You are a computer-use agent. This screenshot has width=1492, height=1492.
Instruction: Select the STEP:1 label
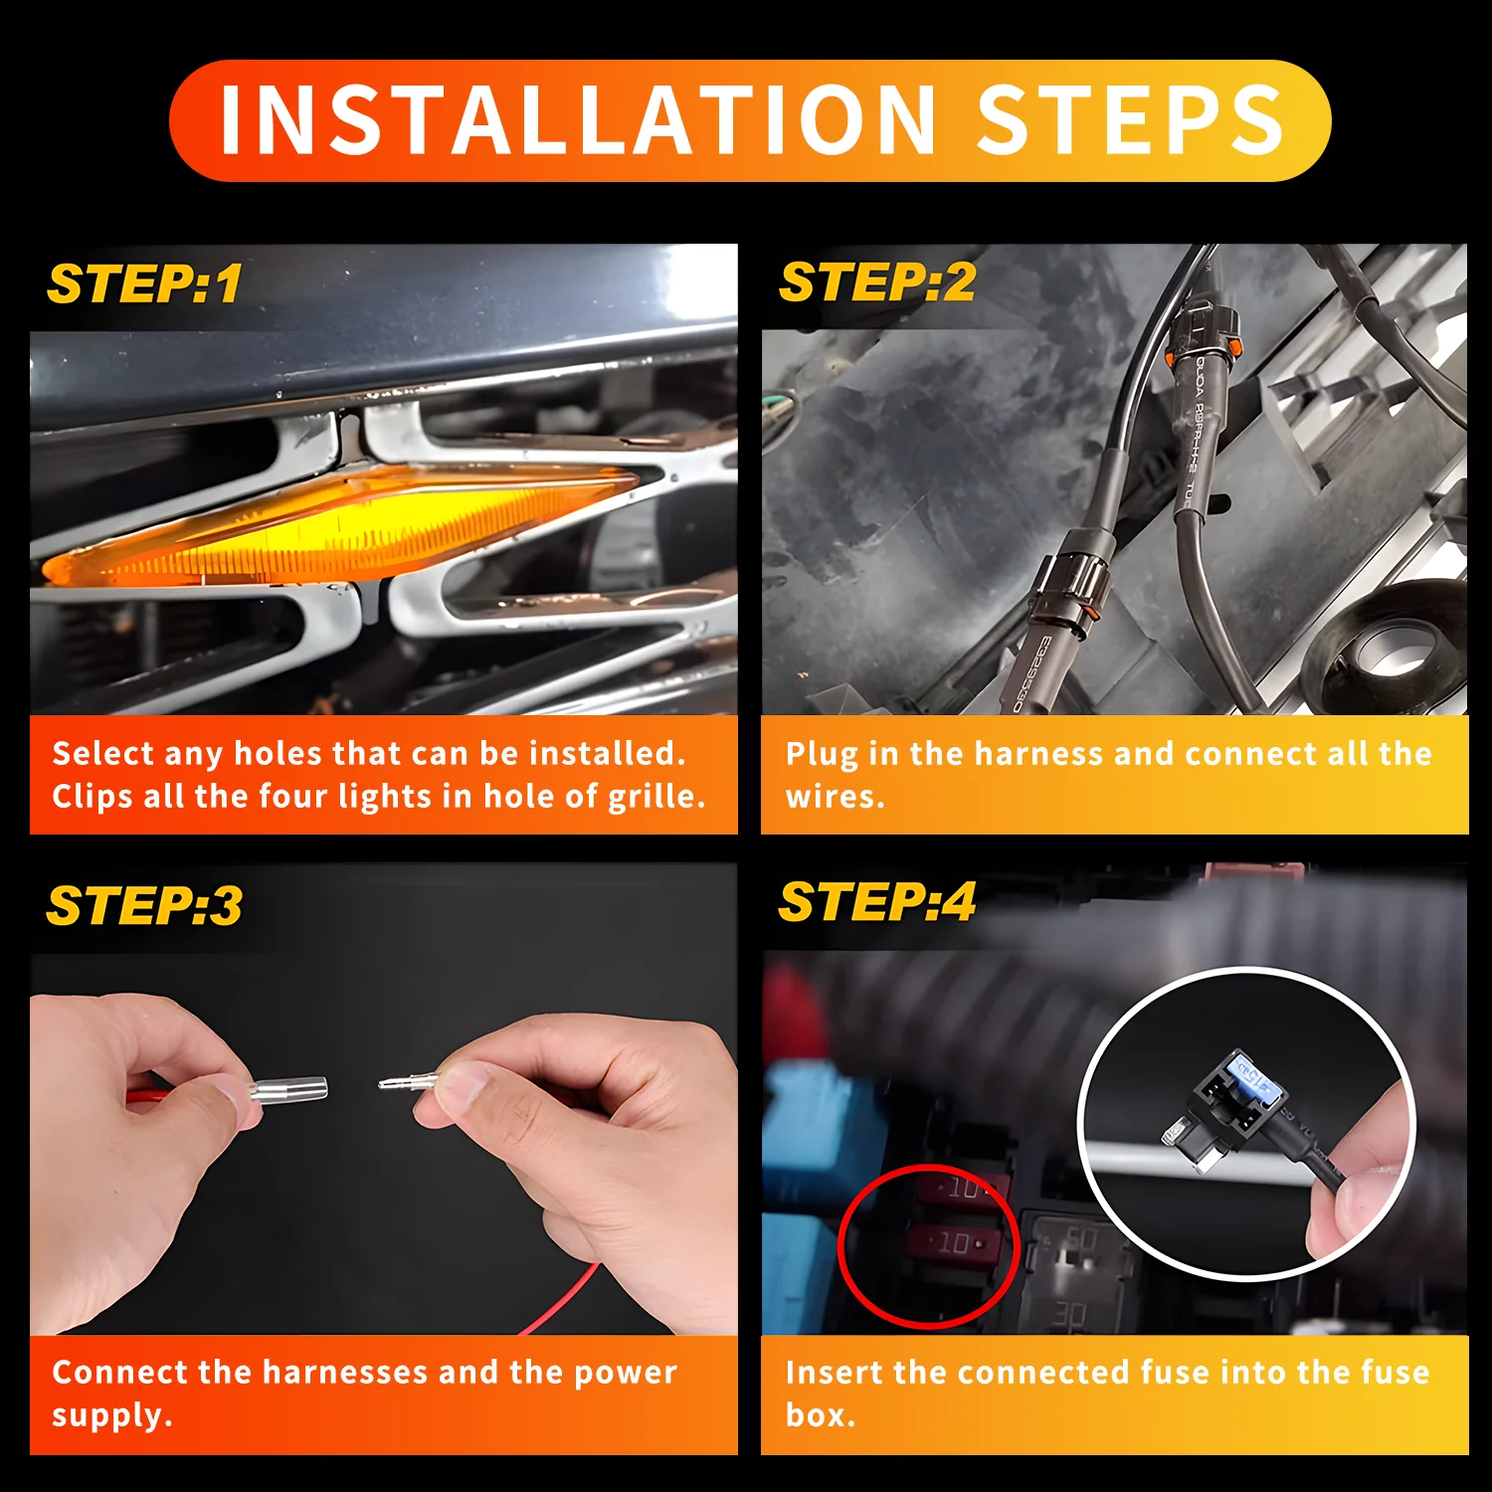click(145, 284)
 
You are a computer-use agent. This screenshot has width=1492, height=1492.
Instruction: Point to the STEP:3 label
click(145, 906)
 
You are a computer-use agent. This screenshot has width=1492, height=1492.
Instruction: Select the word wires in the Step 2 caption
click(834, 797)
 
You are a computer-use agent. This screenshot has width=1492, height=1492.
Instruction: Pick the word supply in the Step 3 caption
click(109, 1415)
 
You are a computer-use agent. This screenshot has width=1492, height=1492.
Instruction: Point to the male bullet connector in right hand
click(408, 1081)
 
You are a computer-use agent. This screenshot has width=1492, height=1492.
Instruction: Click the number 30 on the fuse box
click(1070, 1315)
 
